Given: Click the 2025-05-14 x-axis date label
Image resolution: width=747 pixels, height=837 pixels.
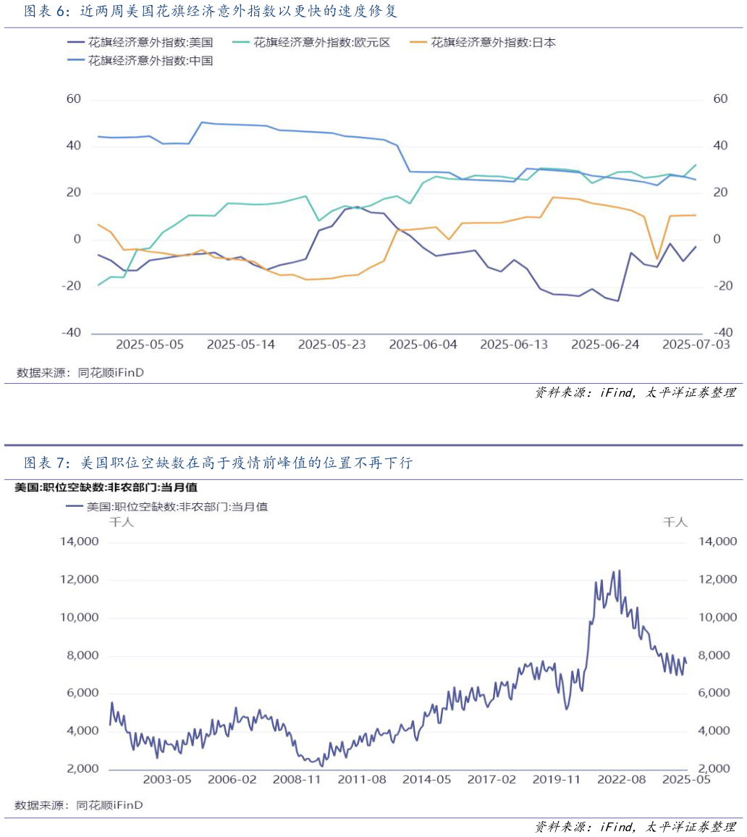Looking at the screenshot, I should coord(241,345).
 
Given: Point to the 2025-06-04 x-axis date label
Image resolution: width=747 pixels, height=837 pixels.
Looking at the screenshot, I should coord(423,345).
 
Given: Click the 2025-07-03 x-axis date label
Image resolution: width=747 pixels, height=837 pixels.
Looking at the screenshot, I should coord(696,345).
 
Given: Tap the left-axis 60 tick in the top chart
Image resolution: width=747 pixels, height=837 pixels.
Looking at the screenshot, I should coord(73,99).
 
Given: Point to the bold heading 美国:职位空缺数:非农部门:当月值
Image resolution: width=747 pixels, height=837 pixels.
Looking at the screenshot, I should coord(106,488).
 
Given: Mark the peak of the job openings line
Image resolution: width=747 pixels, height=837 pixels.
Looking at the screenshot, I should coord(619,571).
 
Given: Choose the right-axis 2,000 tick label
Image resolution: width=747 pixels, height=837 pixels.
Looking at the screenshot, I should coord(716,768).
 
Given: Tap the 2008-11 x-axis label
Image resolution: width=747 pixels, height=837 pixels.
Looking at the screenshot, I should coord(297,780).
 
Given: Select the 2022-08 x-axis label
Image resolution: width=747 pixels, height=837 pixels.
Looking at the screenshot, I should coord(621,780).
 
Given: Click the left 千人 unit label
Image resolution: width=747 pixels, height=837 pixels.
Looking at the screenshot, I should coord(120,522).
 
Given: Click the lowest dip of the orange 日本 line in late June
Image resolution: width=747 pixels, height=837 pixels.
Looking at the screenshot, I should coord(657,258).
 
